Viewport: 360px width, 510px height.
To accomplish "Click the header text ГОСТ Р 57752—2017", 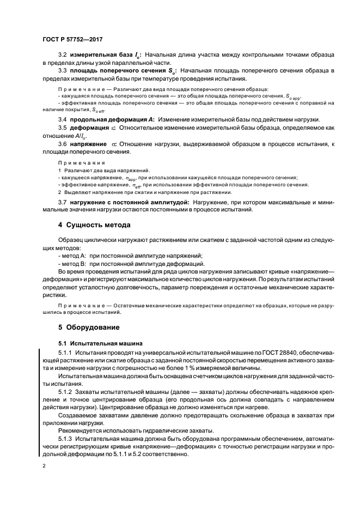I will (72, 40).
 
